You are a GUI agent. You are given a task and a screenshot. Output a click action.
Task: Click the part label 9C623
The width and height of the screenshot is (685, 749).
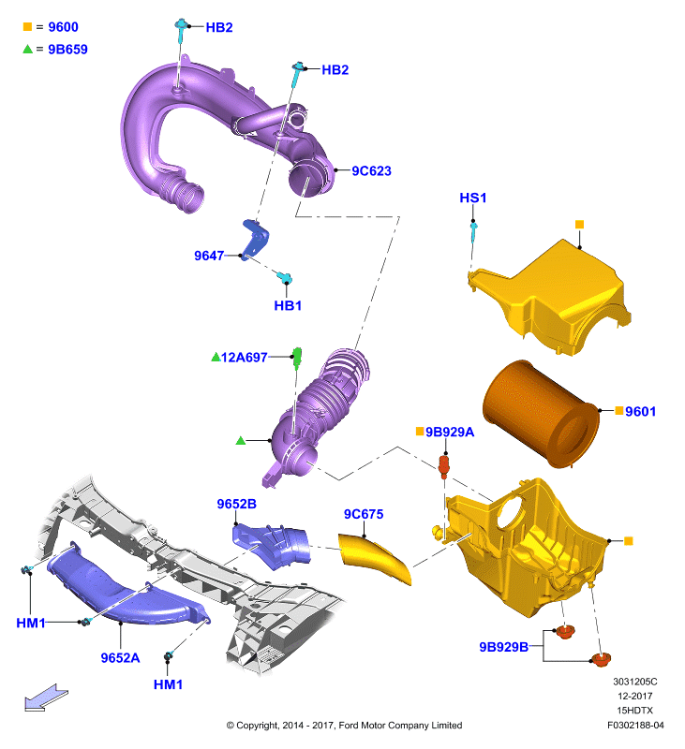click(371, 170)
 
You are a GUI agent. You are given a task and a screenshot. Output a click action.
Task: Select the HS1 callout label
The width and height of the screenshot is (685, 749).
click(473, 198)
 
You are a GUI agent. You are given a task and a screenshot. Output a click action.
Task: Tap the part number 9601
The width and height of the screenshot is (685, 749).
click(641, 411)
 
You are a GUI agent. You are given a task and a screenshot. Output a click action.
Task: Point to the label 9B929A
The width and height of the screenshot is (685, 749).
click(450, 432)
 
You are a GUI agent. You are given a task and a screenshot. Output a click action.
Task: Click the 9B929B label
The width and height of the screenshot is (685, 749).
click(504, 647)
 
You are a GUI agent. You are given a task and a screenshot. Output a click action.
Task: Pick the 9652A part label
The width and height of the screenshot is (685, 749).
click(121, 658)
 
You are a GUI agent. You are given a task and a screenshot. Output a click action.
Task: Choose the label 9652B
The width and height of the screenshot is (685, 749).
click(237, 504)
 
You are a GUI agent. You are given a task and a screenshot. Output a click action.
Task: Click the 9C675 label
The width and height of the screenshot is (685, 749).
click(364, 514)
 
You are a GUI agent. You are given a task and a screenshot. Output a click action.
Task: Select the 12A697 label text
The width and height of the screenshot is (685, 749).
click(244, 358)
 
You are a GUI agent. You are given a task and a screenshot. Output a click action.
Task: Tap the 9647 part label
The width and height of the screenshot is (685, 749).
click(209, 256)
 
